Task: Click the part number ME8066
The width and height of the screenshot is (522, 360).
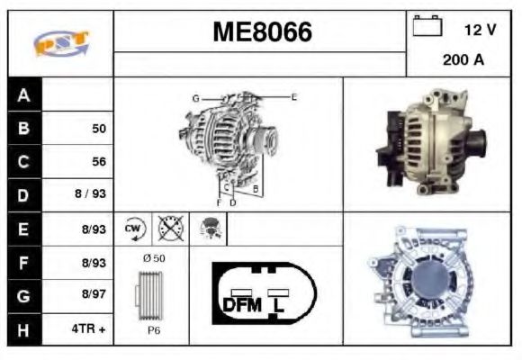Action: (x=261, y=32)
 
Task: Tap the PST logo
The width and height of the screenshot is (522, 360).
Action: (x=59, y=43)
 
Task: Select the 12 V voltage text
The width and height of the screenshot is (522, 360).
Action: (x=480, y=30)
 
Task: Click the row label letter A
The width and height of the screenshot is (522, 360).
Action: (x=23, y=94)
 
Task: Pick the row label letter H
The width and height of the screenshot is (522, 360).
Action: (x=23, y=330)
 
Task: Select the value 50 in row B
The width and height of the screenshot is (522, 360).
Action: (x=99, y=129)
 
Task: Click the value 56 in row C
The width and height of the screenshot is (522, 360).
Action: (x=99, y=162)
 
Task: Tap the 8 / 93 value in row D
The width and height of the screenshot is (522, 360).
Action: (x=93, y=195)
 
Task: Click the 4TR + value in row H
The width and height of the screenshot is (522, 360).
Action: (x=90, y=330)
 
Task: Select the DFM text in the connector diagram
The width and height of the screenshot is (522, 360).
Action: (x=240, y=305)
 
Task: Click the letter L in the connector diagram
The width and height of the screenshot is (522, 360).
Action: (x=279, y=305)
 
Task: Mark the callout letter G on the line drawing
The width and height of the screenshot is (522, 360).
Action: (x=194, y=97)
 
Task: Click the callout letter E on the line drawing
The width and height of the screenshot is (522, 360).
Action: (x=293, y=95)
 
